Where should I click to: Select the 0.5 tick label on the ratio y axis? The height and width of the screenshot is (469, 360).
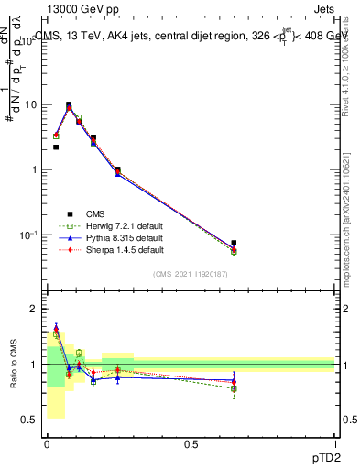[x=31, y=420]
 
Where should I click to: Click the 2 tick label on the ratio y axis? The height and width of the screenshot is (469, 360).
[x=36, y=309]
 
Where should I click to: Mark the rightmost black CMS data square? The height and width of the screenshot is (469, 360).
[x=234, y=244]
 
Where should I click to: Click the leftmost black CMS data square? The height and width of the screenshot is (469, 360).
[x=56, y=147]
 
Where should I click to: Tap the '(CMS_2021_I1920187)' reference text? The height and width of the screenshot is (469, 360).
[x=191, y=274]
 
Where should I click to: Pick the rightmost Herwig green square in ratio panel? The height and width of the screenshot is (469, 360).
[x=234, y=388]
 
